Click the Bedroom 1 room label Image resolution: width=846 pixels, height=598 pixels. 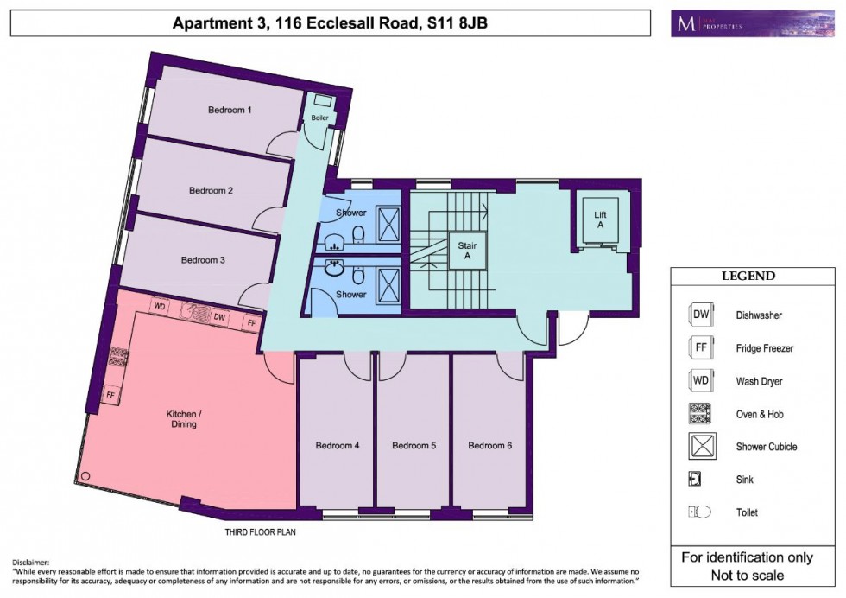coord(230,110)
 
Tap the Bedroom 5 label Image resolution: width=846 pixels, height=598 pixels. coord(414,446)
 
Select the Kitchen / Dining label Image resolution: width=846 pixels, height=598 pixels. coord(183,419)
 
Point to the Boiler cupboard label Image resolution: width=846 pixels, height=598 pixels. coord(319,118)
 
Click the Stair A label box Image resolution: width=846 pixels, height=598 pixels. coord(467,251)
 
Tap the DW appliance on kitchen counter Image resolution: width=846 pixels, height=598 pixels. coord(219,319)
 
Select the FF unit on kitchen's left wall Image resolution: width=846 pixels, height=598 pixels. coord(110,394)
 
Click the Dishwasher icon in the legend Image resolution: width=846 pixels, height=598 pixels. coord(700,315)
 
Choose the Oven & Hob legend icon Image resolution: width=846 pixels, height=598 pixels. coord(700,414)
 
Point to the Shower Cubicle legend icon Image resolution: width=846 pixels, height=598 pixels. coord(700,447)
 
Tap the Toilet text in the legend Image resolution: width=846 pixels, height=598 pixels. coord(748,512)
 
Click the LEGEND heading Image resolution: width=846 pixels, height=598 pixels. coord(748,277)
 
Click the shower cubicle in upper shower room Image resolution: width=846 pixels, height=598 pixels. coord(391,223)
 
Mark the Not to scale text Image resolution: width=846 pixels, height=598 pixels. coord(748,576)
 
